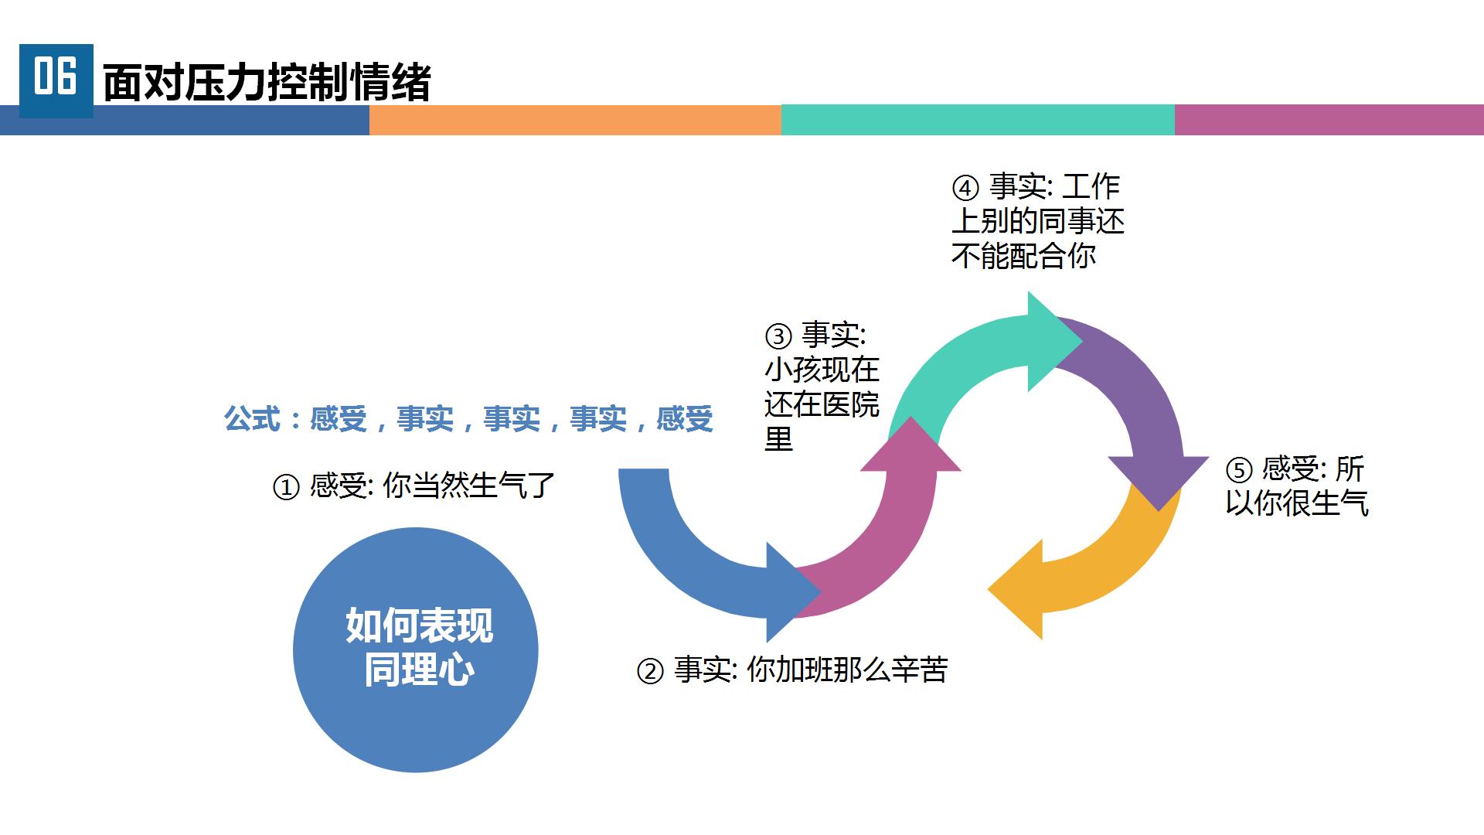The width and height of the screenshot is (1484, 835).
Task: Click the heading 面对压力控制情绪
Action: (267, 83)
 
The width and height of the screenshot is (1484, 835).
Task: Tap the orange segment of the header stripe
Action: (575, 120)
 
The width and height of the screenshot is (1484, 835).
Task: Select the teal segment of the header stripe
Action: (978, 120)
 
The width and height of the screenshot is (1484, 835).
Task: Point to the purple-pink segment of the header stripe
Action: (1329, 120)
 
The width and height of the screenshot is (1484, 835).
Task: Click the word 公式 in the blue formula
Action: (252, 419)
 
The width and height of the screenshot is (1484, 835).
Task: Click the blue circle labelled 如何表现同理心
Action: (416, 649)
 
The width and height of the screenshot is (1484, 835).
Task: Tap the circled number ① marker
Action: (286, 487)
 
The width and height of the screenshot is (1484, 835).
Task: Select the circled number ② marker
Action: (650, 671)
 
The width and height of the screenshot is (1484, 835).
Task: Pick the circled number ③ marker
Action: (778, 336)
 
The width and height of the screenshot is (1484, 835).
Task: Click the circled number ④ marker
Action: (965, 188)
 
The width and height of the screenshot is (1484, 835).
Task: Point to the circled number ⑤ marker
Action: (1238, 470)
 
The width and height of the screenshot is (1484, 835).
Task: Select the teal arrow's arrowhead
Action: (1050, 341)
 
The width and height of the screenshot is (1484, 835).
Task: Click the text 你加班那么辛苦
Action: (847, 670)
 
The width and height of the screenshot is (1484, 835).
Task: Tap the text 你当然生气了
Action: (468, 486)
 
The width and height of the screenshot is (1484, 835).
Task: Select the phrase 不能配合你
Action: (1023, 256)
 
